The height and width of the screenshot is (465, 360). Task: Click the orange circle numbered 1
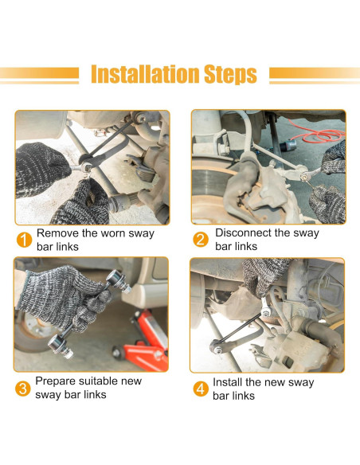coord(24,240)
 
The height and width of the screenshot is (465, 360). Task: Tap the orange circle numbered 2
coord(201,240)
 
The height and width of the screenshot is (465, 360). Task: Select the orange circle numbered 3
coord(23,389)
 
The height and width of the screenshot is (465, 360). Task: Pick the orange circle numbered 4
coord(201,389)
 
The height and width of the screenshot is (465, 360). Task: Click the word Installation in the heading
coord(145,74)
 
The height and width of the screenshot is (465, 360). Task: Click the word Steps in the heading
coord(230,75)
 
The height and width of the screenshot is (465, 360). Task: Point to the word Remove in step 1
coord(57,233)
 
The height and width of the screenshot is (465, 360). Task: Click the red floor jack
coord(143,341)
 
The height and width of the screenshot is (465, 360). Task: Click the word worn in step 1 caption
coord(114,233)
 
